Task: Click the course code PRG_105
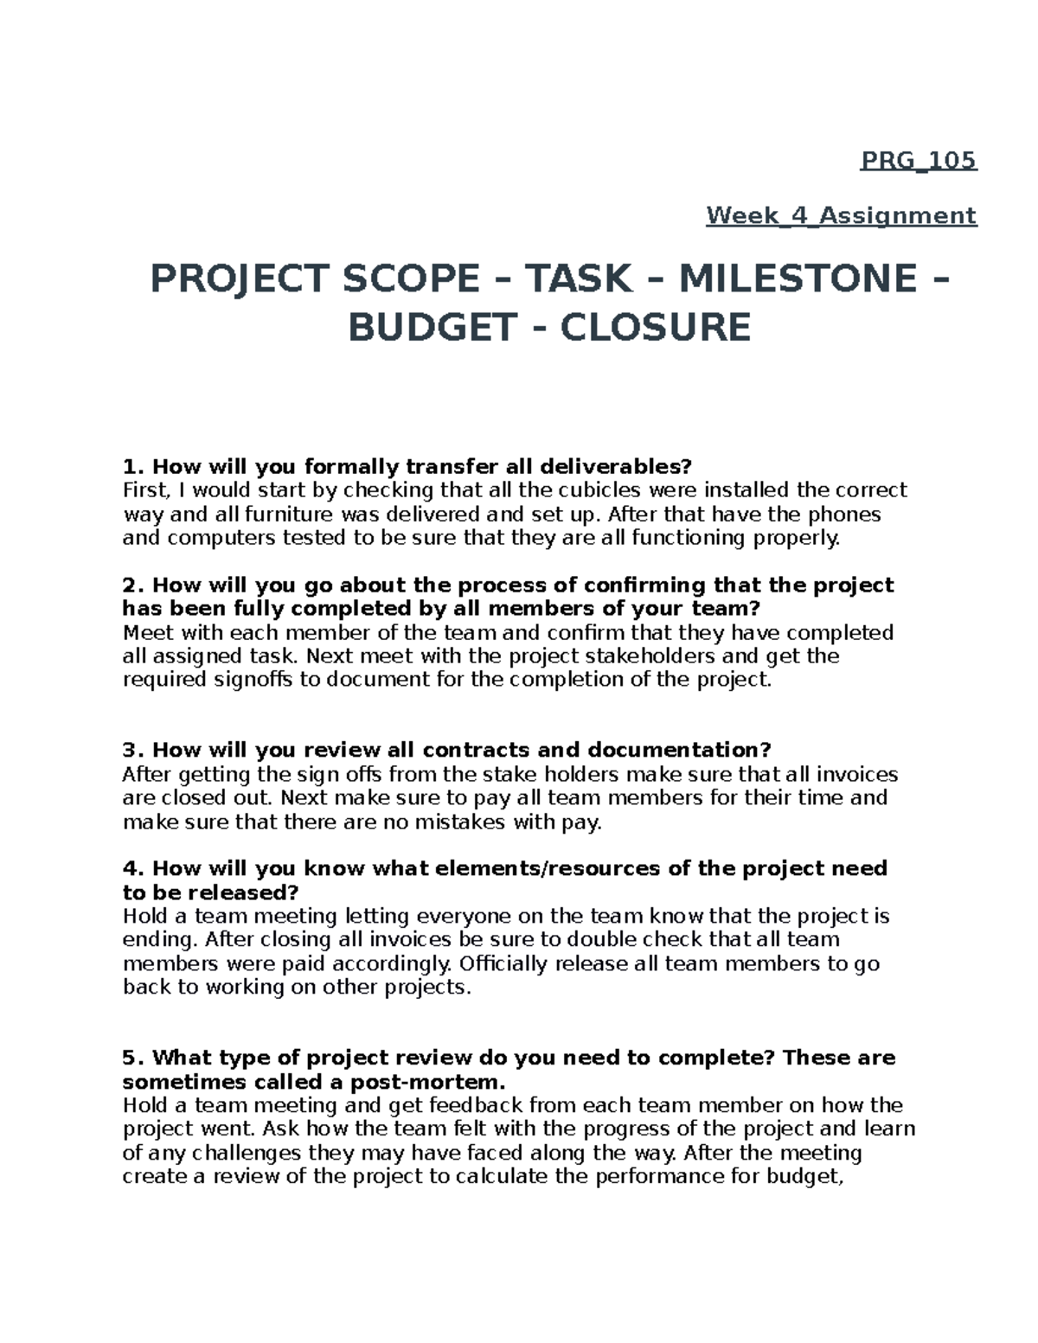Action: [x=918, y=161]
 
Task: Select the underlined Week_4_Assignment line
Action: [x=841, y=215]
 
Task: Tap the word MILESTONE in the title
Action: [x=798, y=278]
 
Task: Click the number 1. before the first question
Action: [x=133, y=467]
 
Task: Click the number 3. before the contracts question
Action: [x=133, y=750]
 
